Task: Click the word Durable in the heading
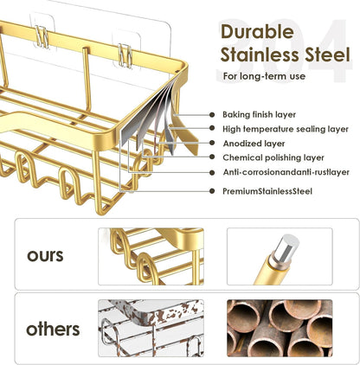pos(257,32)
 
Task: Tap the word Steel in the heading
pos(327,54)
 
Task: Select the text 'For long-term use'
pos(264,76)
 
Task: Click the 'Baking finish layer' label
pos(259,114)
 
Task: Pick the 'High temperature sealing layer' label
pos(286,129)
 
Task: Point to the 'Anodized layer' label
pos(254,144)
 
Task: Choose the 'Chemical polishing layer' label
pos(273,157)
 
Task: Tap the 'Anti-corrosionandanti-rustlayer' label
pos(286,172)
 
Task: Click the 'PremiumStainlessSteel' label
pos(267,191)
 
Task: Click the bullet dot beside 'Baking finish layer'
pos(212,115)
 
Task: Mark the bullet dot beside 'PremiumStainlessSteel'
pos(212,191)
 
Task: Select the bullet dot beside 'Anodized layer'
pos(212,143)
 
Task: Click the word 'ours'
pos(45,256)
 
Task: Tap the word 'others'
pos(53,329)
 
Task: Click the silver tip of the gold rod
pos(286,248)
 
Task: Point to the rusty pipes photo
pos(280,328)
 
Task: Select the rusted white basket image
pos(151,328)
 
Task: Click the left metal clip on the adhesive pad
pos(42,37)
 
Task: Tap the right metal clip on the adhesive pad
pos(125,55)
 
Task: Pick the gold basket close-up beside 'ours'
pos(151,257)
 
